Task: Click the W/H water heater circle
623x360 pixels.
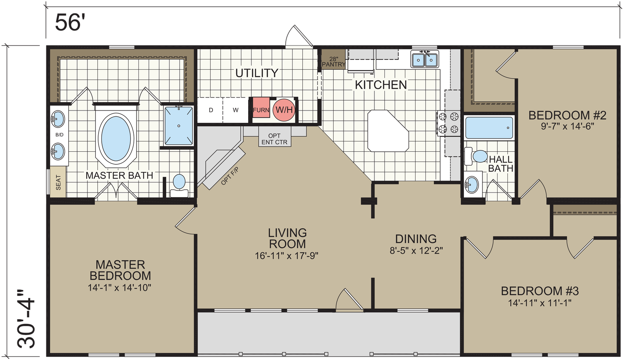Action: coord(284,110)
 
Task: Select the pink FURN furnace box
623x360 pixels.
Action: coord(261,110)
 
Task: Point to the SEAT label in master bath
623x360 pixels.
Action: coord(58,182)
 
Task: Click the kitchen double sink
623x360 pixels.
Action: coord(424,60)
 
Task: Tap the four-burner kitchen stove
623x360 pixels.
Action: coord(448,123)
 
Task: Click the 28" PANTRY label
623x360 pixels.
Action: coord(333,62)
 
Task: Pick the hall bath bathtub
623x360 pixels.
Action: coord(489,128)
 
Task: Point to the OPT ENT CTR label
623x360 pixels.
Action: coord(274,139)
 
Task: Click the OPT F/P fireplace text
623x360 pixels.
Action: coord(230,176)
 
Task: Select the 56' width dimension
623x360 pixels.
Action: coord(70,23)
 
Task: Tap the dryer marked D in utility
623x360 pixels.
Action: coord(211,110)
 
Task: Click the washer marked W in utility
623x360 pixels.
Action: coord(236,110)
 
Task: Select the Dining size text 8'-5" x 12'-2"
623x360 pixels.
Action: coord(416,250)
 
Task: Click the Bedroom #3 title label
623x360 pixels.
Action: coord(539,291)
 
